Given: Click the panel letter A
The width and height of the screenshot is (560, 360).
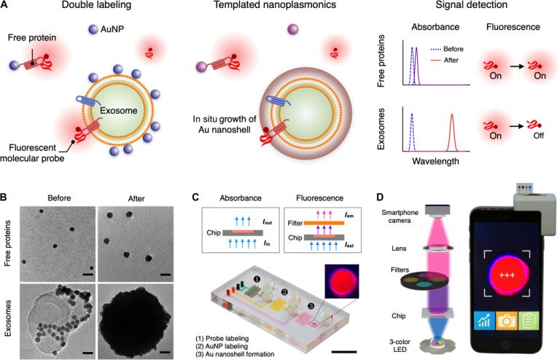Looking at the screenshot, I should (x=6, y=6).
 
